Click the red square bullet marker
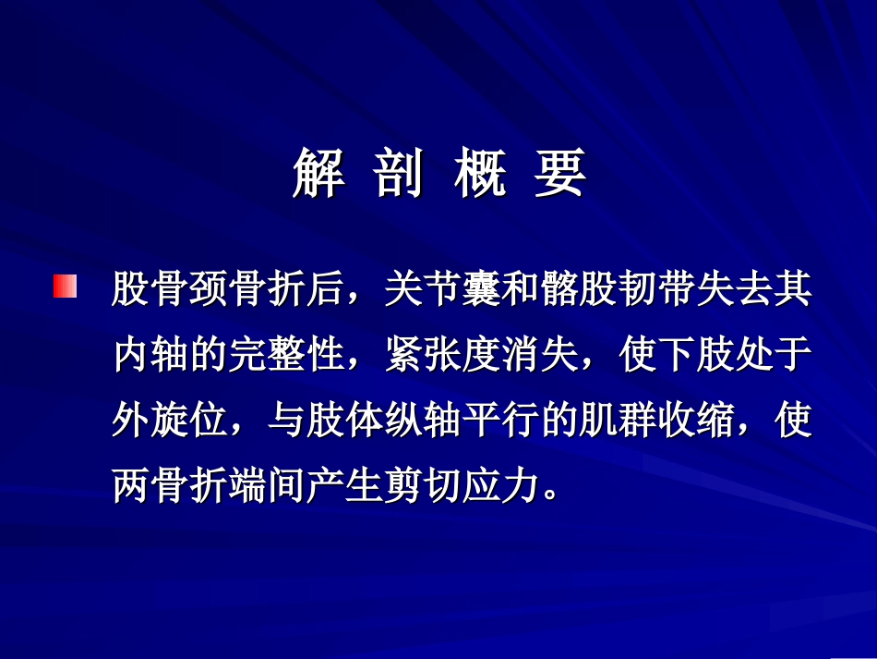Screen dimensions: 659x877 [65, 286]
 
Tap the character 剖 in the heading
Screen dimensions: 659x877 [398, 174]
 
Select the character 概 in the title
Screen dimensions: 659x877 [479, 174]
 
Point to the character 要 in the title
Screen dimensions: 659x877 [559, 174]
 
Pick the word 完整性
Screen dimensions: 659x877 [287, 355]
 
